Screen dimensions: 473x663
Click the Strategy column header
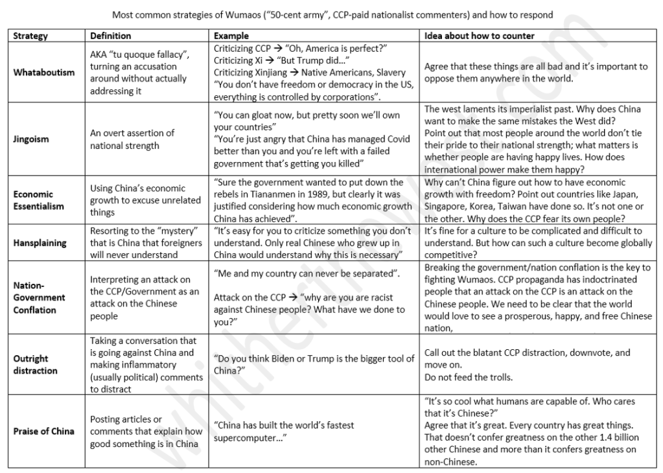pyautogui.click(x=30, y=36)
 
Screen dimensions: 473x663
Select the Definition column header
pyautogui.click(x=110, y=36)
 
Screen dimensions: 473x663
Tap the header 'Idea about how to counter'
pyautogui.click(x=480, y=36)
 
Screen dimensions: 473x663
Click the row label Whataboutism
pyautogui.click(x=44, y=73)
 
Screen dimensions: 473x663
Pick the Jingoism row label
pyautogui.click(x=31, y=139)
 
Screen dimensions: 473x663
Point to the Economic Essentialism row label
pyautogui.click(x=39, y=200)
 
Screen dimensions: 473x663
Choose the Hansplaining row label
pyautogui.click(x=40, y=243)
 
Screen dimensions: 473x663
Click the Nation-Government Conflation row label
pyautogui.click(x=40, y=297)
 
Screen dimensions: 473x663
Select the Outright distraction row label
pyautogui.click(x=36, y=364)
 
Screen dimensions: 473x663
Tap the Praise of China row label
pyautogui.click(x=44, y=431)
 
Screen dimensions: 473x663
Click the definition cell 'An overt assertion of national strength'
pyautogui.click(x=132, y=139)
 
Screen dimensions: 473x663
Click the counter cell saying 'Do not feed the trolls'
pyautogui.click(x=469, y=377)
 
